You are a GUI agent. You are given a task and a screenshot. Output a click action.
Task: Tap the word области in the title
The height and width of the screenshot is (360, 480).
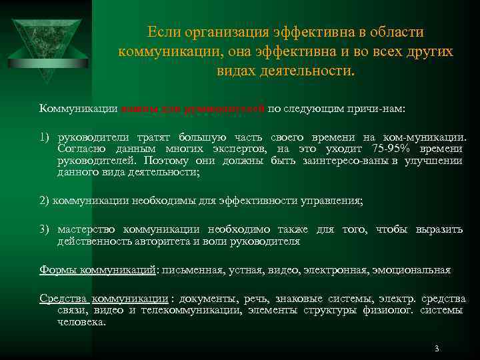click(394, 33)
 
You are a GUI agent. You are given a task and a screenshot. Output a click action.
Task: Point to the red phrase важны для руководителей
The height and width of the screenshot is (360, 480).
click(193, 108)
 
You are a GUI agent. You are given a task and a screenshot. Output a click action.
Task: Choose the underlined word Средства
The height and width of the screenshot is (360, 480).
click(63, 299)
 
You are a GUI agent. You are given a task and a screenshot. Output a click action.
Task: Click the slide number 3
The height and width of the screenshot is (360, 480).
click(436, 348)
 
